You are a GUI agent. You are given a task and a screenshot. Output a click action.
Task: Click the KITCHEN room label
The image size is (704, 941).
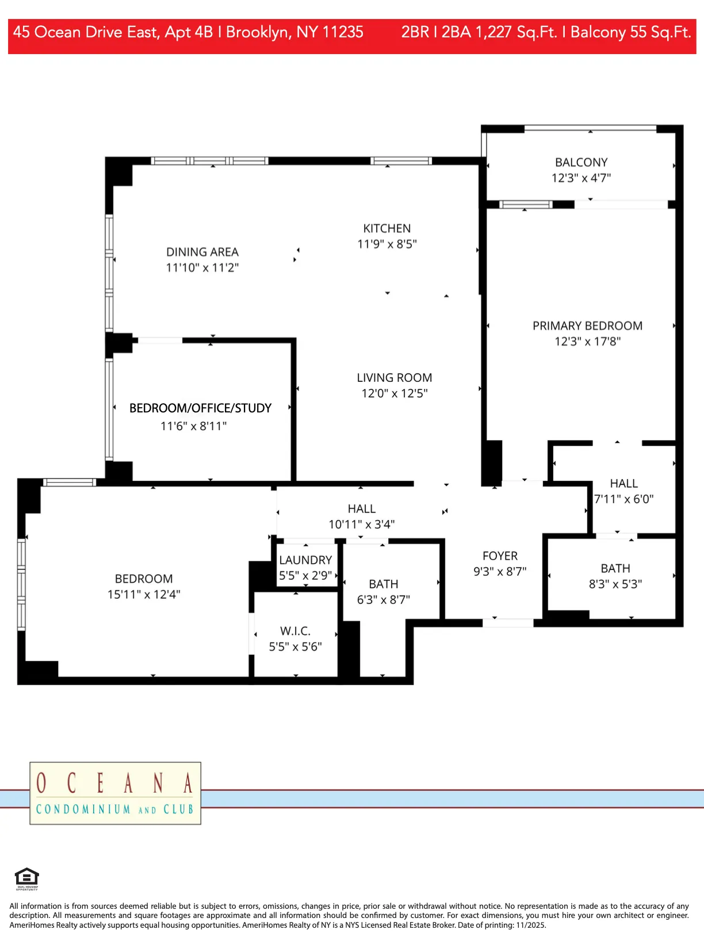(387, 228)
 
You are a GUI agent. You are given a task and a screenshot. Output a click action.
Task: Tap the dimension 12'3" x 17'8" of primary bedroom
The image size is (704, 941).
(587, 342)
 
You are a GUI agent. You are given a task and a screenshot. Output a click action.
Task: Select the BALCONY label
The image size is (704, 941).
(581, 163)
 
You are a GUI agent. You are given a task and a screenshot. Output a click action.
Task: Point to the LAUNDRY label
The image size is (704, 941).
(305, 560)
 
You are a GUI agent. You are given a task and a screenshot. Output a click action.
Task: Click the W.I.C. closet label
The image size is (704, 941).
(295, 631)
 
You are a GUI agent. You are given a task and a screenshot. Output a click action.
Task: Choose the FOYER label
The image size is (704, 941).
(500, 556)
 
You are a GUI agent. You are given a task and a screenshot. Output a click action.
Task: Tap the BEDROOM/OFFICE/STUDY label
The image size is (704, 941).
(200, 408)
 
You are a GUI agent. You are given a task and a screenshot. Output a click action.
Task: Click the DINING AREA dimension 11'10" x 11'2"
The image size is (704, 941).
(202, 267)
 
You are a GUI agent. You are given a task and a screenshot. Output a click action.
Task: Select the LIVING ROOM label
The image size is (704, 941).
(394, 378)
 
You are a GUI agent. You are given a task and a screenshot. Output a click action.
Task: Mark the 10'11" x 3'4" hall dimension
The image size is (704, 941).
(361, 525)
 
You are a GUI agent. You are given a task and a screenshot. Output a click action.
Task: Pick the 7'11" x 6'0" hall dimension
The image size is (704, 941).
(623, 499)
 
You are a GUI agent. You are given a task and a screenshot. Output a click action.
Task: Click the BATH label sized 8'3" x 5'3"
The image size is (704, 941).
(615, 569)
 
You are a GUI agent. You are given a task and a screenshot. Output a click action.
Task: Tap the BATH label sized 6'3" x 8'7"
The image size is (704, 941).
(383, 584)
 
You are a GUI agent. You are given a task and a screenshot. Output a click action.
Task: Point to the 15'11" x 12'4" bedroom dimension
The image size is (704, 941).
(144, 595)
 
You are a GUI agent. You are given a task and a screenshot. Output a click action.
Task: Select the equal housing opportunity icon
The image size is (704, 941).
(26, 878)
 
